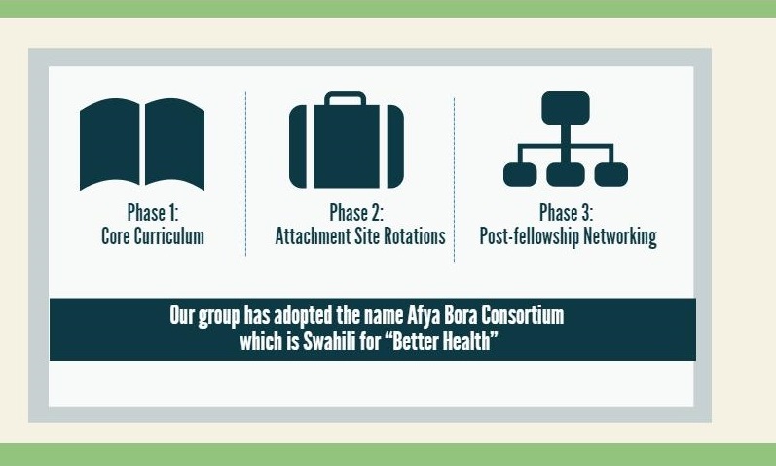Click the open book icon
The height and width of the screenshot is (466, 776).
[142, 144]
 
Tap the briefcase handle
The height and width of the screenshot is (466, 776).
[346, 98]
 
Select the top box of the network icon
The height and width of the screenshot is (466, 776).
[566, 107]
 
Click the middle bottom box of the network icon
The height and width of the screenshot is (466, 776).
[566, 174]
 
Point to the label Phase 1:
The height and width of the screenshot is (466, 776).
[153, 213]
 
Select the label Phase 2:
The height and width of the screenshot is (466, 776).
[356, 213]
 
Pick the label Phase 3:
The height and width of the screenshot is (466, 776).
[566, 213]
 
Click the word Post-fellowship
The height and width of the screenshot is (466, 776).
[529, 236]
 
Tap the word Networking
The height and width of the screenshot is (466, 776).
[620, 236]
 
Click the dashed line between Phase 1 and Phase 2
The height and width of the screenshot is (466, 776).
[245, 174]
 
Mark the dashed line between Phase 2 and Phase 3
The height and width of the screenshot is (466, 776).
[454, 180]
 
